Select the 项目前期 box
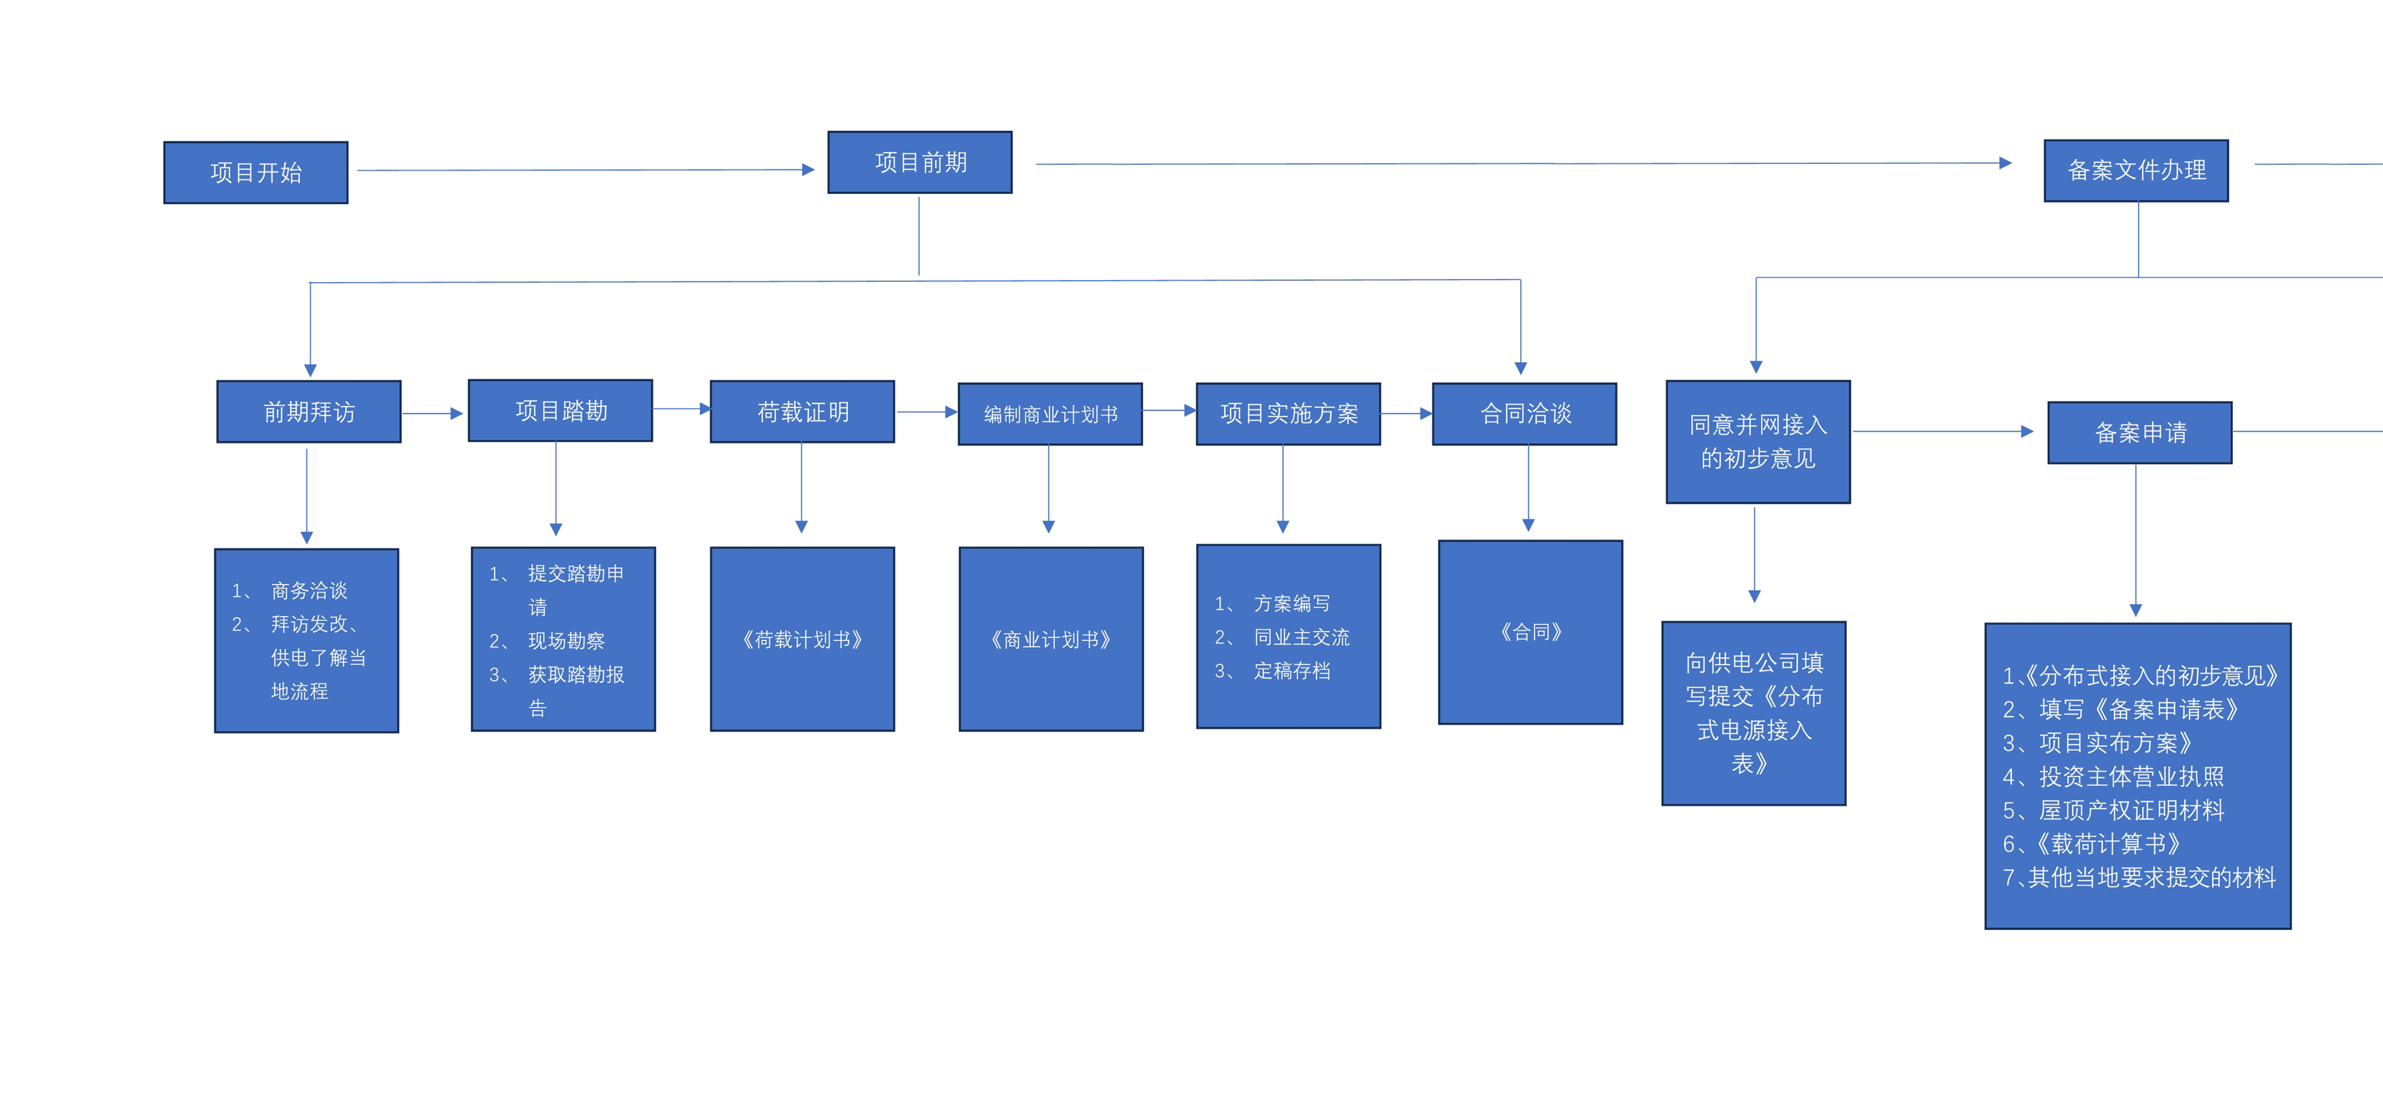[920, 162]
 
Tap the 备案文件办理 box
[2136, 170]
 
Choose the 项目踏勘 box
[561, 410]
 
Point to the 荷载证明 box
[802, 412]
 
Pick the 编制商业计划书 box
[1050, 414]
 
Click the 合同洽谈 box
[1525, 414]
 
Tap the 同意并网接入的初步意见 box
[1758, 441]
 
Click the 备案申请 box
[2140, 432]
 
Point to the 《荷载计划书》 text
[802, 639]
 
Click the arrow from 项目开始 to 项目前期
[586, 169]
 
